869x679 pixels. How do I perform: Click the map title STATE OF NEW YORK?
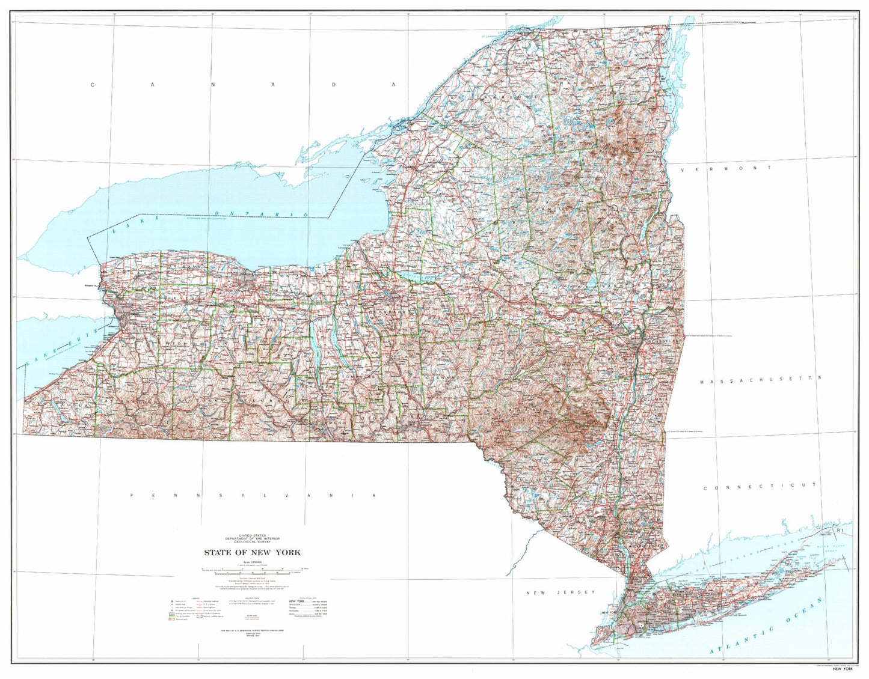[x=252, y=552]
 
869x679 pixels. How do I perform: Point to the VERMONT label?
[x=726, y=169]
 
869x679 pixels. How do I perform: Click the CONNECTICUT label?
[x=760, y=487]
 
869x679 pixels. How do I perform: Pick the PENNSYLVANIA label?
[x=253, y=495]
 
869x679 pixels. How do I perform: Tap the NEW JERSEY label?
[x=560, y=592]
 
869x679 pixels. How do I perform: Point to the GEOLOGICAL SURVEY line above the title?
[x=252, y=542]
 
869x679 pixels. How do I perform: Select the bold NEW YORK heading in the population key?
[x=299, y=600]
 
